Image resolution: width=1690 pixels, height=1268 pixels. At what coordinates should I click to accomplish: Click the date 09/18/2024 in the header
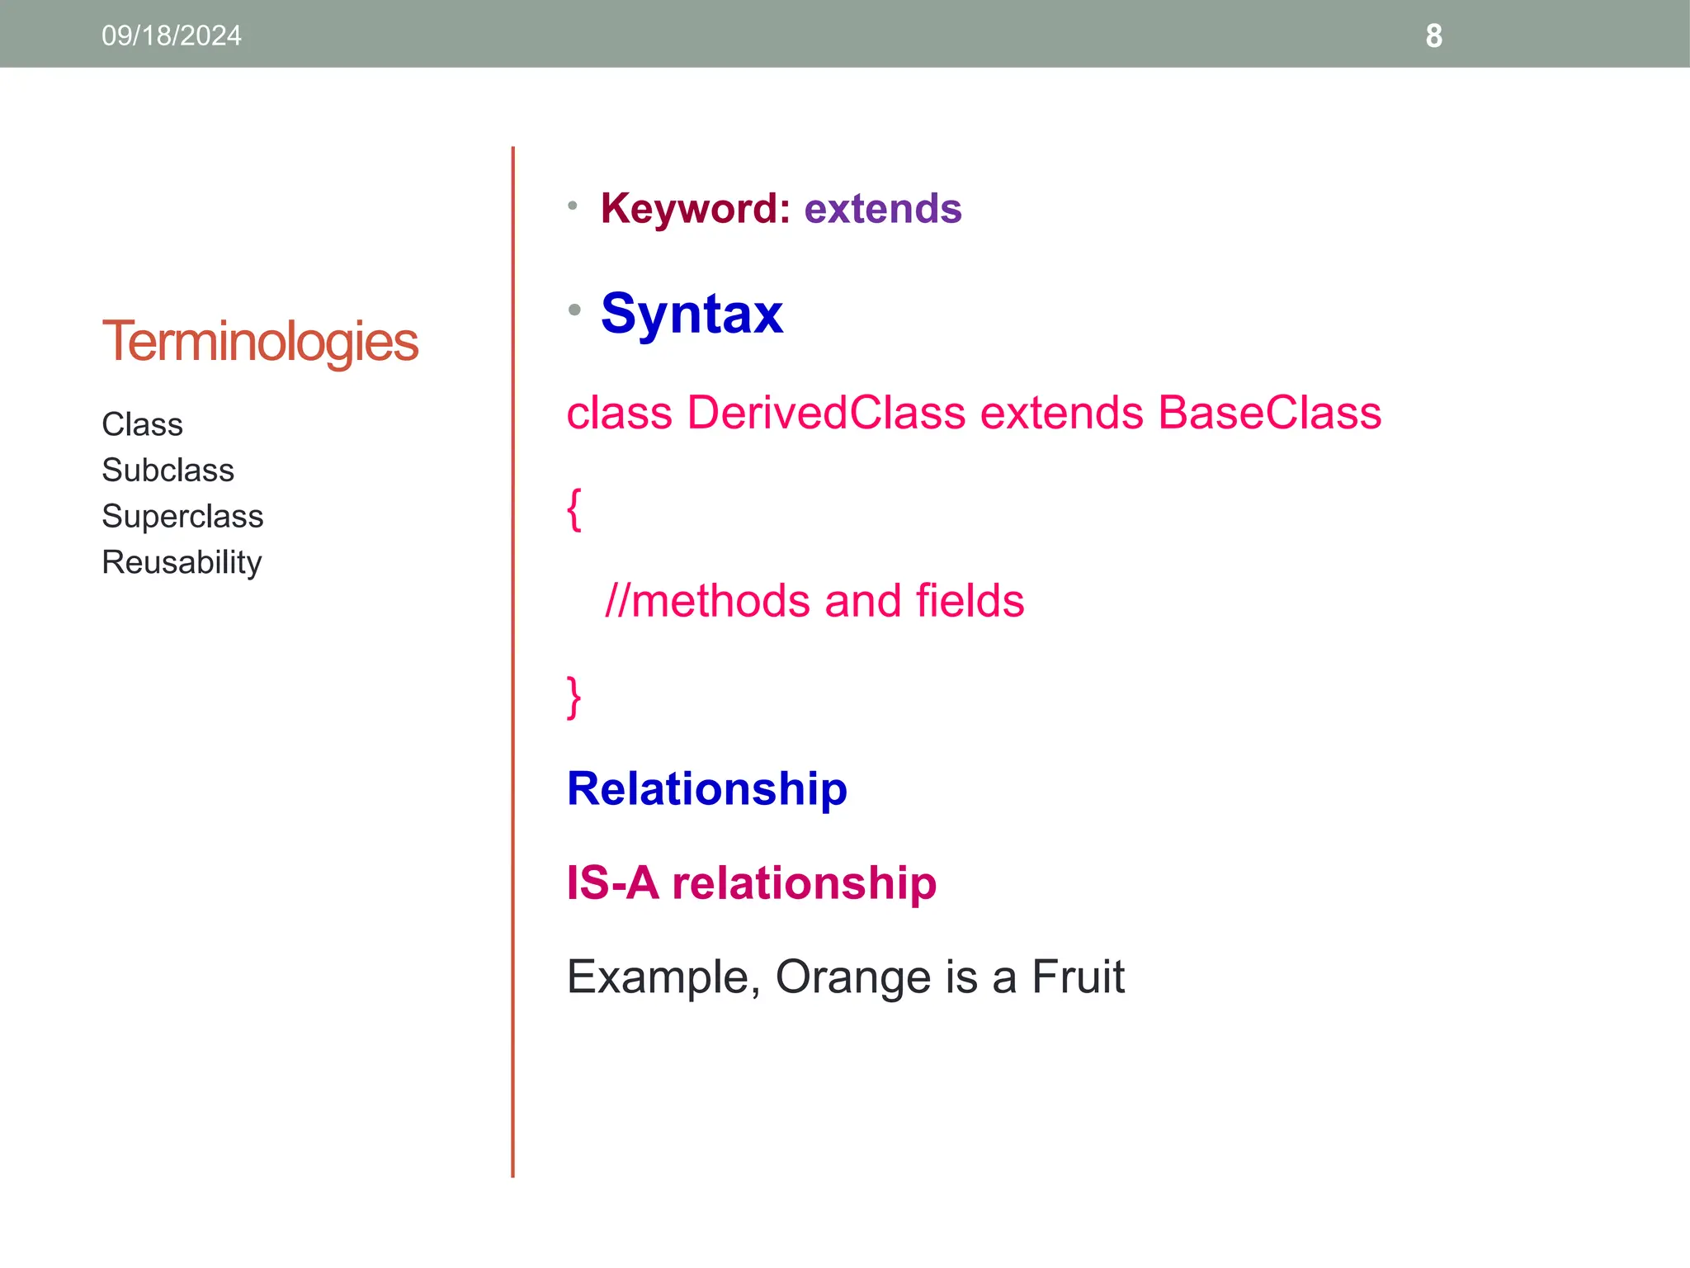tap(171, 35)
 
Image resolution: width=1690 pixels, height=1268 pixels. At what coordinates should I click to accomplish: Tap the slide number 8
tap(1433, 36)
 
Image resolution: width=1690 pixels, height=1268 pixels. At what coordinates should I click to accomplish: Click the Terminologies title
tap(260, 342)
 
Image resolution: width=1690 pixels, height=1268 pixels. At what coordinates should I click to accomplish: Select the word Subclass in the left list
tap(168, 471)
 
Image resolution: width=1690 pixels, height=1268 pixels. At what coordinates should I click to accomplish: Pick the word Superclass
tap(182, 517)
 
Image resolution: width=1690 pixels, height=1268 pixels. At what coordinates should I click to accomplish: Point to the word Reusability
tap(182, 562)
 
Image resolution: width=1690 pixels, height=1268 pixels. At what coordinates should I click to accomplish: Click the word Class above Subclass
tap(142, 424)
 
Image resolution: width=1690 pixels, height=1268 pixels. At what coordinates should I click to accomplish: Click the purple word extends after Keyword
tap(882, 209)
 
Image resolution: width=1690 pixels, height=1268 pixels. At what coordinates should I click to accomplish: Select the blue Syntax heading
tap(692, 314)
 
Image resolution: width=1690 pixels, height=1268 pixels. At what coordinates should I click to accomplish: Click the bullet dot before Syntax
tap(574, 310)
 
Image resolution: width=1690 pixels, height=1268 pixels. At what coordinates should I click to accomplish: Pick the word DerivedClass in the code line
tap(825, 413)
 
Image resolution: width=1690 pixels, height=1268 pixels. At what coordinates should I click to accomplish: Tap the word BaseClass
tap(1269, 413)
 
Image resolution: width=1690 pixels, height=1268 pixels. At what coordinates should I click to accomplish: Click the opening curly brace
tap(574, 509)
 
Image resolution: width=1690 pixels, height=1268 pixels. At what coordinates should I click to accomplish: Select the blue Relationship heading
tap(706, 789)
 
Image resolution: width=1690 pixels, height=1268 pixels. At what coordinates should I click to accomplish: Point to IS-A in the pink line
tap(612, 883)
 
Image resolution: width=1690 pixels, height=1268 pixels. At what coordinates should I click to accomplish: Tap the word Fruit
tap(1078, 977)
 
